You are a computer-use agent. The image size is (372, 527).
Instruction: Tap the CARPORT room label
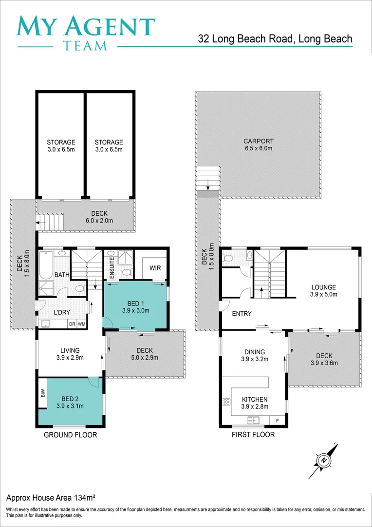(258, 142)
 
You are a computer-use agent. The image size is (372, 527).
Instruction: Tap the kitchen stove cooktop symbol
(226, 403)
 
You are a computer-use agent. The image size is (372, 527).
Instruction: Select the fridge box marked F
(278, 420)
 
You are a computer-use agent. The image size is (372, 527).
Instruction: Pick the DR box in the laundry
(72, 324)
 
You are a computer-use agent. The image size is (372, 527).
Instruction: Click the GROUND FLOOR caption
(71, 435)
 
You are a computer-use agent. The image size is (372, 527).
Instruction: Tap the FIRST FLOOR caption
(253, 435)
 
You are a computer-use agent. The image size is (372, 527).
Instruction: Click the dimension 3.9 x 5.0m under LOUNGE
(323, 294)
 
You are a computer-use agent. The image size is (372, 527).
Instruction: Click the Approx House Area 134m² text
(50, 498)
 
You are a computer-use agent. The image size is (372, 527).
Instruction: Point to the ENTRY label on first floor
(242, 314)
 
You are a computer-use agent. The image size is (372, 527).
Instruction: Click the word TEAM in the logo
(86, 46)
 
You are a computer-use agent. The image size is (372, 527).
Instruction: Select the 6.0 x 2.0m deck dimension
(99, 221)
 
